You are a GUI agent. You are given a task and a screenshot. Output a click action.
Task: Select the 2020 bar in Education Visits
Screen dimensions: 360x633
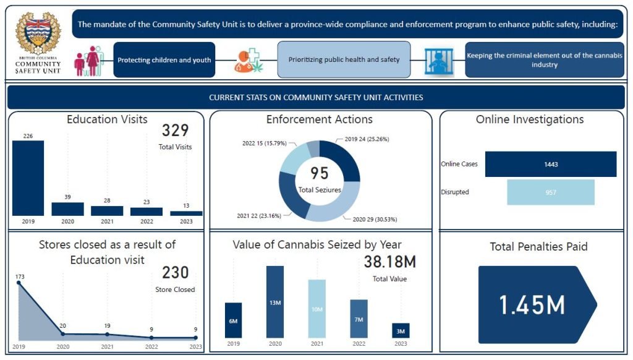click(67, 209)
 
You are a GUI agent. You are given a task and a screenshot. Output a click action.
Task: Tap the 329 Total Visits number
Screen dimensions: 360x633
click(175, 131)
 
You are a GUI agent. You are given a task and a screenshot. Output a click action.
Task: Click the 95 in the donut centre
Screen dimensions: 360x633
click(319, 174)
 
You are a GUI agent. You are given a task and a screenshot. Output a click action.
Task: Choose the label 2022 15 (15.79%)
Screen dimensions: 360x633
click(265, 142)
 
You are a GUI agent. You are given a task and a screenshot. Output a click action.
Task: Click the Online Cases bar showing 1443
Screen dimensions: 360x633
click(550, 165)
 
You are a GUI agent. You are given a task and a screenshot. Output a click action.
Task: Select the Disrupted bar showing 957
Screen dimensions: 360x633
click(550, 192)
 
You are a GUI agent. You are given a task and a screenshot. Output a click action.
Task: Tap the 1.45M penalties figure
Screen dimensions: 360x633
click(532, 305)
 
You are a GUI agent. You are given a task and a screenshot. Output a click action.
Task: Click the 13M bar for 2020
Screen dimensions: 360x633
click(275, 302)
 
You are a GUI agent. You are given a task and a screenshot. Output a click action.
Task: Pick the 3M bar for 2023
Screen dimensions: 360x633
click(401, 331)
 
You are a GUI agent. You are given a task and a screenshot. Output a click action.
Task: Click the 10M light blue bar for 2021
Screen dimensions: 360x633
click(316, 309)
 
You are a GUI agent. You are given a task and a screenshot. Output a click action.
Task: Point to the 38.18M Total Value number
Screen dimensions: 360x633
click(389, 262)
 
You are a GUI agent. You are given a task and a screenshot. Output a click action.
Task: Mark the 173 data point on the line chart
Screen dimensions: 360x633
click(19, 283)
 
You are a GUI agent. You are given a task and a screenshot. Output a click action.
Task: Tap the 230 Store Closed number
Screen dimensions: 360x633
click(175, 273)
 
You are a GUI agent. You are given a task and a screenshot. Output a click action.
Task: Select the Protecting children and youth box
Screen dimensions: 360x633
click(164, 60)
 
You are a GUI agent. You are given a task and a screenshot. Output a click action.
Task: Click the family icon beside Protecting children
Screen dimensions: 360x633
click(87, 61)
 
